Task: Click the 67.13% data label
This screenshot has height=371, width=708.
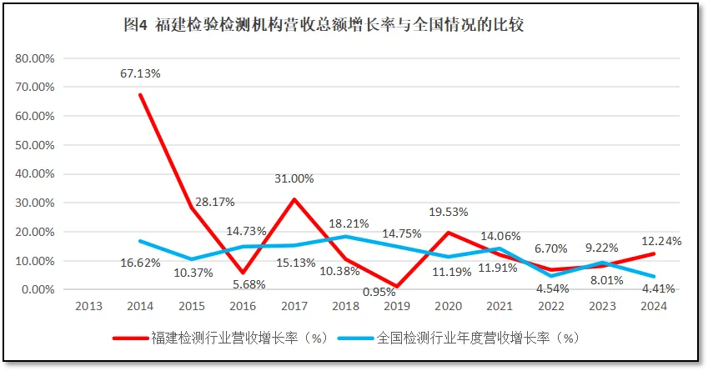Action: [140, 73]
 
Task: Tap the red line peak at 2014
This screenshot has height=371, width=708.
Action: [140, 94]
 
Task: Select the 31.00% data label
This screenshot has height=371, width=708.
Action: [294, 178]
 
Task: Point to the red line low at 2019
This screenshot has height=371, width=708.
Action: [396, 286]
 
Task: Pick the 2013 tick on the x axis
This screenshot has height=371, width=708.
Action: [89, 306]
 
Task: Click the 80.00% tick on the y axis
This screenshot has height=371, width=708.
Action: [35, 58]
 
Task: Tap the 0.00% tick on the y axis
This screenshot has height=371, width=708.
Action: [38, 289]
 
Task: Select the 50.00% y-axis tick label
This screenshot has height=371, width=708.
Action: [35, 145]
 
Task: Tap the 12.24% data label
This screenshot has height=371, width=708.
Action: [661, 241]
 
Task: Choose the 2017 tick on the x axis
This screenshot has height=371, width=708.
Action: [294, 306]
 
